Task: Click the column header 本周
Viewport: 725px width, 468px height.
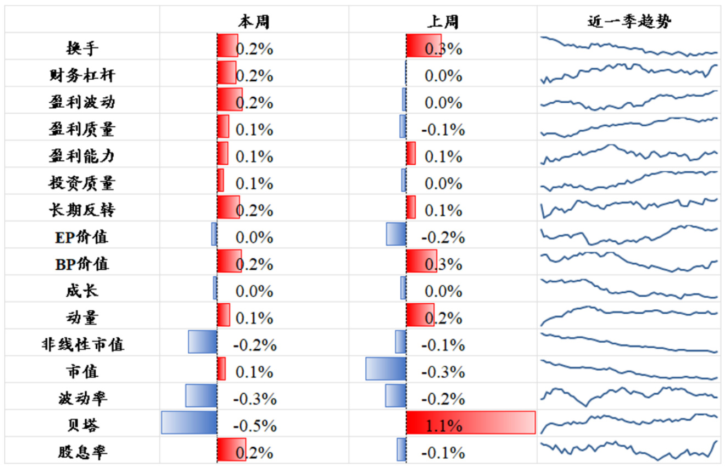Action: click(254, 21)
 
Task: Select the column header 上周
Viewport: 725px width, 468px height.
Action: click(443, 21)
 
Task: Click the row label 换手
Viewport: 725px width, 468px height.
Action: click(82, 48)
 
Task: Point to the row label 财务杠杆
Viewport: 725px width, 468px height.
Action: click(82, 75)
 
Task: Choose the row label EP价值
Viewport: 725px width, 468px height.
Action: click(82, 237)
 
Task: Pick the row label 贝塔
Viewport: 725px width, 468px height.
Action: click(82, 425)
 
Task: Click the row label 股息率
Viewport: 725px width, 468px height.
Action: click(82, 452)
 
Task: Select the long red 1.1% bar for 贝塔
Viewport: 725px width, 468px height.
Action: click(471, 422)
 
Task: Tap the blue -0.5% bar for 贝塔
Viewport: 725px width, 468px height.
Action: click(189, 422)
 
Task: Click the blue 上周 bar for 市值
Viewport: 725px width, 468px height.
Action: click(386, 369)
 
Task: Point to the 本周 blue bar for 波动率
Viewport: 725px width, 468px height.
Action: click(201, 395)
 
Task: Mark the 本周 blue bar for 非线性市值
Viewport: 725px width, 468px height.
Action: click(202, 342)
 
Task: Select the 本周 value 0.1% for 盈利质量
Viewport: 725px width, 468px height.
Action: click(254, 130)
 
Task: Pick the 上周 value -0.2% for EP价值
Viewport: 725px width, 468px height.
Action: click(443, 237)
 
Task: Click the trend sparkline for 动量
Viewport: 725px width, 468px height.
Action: click(629, 314)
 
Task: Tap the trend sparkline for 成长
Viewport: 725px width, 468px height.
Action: click(629, 288)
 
